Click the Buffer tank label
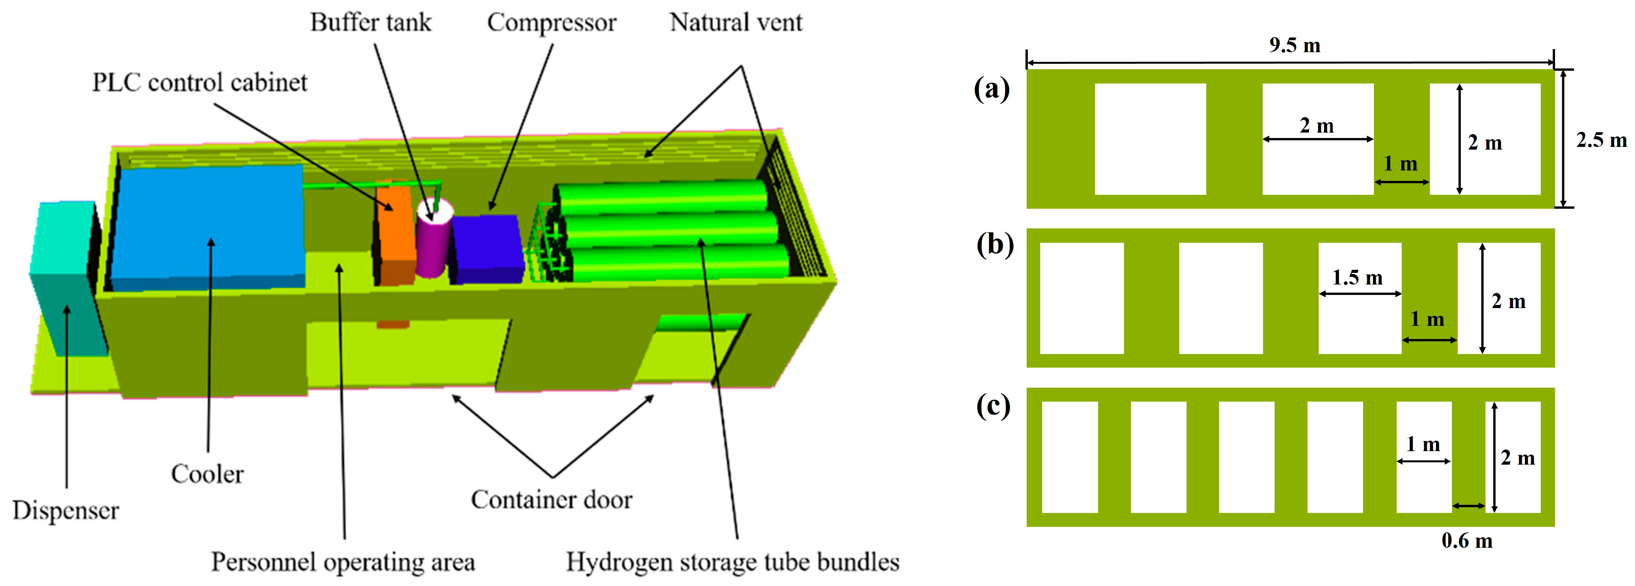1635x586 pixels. point(371,23)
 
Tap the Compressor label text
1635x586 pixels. point(552,23)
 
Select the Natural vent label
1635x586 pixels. point(736,23)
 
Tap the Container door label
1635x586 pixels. point(552,500)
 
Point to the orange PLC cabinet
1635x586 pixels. point(395,235)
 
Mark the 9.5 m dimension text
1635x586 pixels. point(1295,45)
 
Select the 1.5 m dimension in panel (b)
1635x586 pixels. point(1357,278)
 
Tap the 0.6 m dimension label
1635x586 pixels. point(1467,540)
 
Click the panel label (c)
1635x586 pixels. point(993,405)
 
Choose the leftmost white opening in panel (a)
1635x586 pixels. point(1150,139)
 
